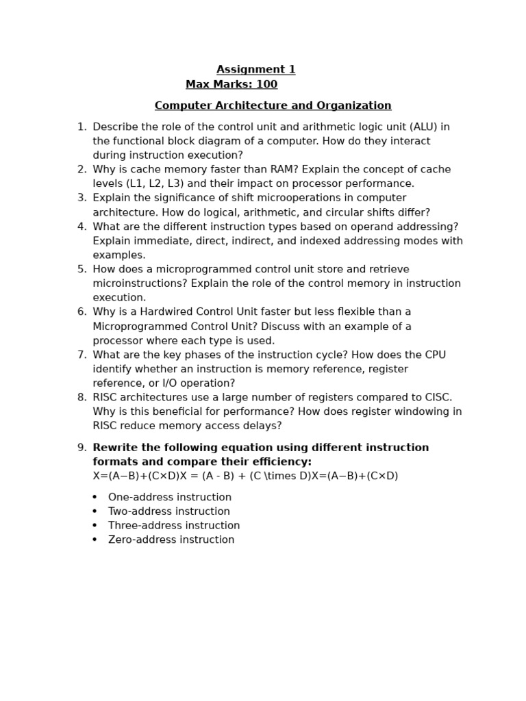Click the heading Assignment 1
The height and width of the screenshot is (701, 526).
[255, 70]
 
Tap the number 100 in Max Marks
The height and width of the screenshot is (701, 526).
[266, 85]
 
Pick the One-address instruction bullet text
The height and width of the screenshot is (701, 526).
[169, 498]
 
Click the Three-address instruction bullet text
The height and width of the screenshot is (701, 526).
[174, 526]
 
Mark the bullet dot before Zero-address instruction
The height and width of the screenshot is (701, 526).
[95, 540]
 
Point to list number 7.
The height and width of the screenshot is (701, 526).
[82, 355]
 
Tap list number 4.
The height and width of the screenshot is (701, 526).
[82, 227]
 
